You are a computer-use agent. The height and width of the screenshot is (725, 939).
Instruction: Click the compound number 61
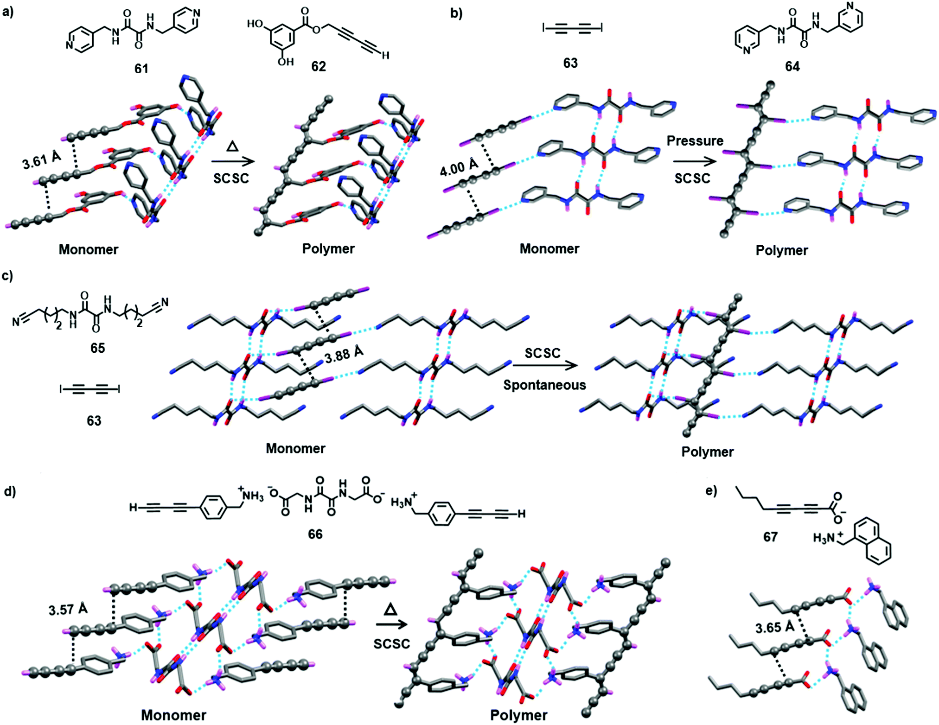pyautogui.click(x=141, y=69)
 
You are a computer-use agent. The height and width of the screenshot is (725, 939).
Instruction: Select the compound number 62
pyautogui.click(x=318, y=67)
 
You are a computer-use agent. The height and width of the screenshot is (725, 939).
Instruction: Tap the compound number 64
pyautogui.click(x=792, y=67)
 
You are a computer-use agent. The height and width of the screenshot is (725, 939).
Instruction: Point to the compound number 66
pyautogui.click(x=315, y=534)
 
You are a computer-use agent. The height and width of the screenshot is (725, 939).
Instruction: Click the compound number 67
pyautogui.click(x=770, y=537)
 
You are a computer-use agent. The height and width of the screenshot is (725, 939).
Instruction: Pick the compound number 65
pyautogui.click(x=97, y=348)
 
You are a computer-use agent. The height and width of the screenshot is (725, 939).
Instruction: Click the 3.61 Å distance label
pyautogui.click(x=42, y=160)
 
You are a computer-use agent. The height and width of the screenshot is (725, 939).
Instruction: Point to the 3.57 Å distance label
pyautogui.click(x=68, y=609)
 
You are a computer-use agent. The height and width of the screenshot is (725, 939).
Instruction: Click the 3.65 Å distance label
pyautogui.click(x=775, y=628)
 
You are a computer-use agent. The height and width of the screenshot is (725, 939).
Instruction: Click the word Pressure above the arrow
pyautogui.click(x=695, y=141)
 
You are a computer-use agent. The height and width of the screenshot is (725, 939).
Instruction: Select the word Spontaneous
pyautogui.click(x=544, y=385)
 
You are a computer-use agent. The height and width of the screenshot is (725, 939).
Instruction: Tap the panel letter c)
pyautogui.click(x=7, y=276)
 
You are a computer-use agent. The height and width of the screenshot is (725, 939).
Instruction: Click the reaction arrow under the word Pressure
pyautogui.click(x=694, y=161)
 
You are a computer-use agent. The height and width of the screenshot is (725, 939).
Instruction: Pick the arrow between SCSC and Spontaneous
pyautogui.click(x=545, y=365)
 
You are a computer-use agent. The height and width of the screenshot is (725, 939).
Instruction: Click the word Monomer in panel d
pyautogui.click(x=173, y=715)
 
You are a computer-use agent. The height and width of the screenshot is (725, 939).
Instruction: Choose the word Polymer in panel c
pyautogui.click(x=707, y=452)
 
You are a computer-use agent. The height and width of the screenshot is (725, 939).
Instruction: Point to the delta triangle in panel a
pyautogui.click(x=232, y=146)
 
